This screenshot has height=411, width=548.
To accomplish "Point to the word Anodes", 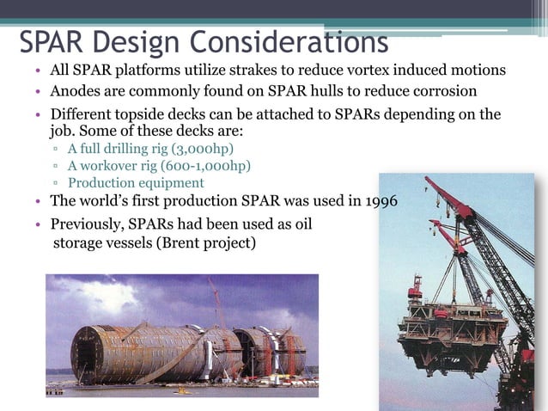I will (75, 92).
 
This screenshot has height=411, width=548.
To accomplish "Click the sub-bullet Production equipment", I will (136, 182).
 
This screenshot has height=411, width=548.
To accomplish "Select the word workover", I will (111, 166).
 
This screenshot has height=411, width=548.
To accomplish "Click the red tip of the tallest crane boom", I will (429, 182).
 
